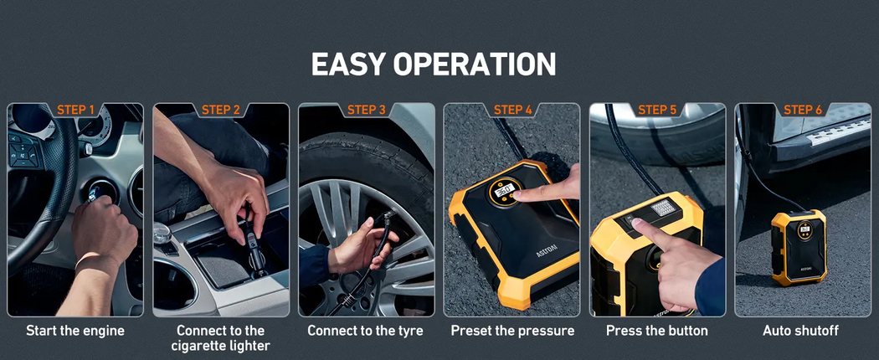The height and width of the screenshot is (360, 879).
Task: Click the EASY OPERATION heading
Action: coord(434,64)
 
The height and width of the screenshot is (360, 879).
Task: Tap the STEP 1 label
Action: coord(75,110)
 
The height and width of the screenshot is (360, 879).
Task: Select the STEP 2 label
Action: coord(221,110)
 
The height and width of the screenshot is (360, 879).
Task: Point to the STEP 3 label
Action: coord(367,110)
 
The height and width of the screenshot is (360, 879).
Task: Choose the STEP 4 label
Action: coord(512,110)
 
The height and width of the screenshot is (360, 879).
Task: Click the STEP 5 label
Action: coord(657,110)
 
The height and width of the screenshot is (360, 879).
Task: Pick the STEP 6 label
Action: coord(803,110)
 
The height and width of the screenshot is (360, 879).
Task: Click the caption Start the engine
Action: coord(75,331)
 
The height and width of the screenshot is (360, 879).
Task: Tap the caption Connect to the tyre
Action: coord(365,331)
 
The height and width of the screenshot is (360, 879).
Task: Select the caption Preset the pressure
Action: coord(512,331)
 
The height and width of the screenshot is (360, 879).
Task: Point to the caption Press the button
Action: coord(657,331)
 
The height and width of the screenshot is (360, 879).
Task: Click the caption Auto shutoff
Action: coord(800,331)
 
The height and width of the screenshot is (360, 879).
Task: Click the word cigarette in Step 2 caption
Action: coord(199,346)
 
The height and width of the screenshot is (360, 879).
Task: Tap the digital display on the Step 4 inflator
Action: coord(504,191)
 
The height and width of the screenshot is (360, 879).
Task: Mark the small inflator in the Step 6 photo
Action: coord(798,247)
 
